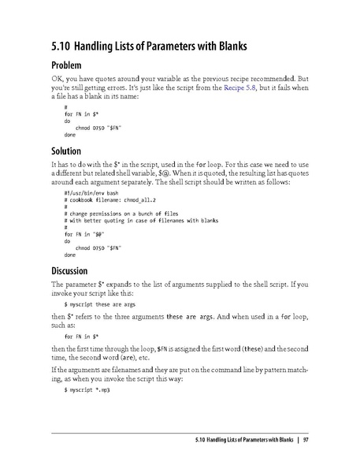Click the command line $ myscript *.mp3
[x=87, y=391]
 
